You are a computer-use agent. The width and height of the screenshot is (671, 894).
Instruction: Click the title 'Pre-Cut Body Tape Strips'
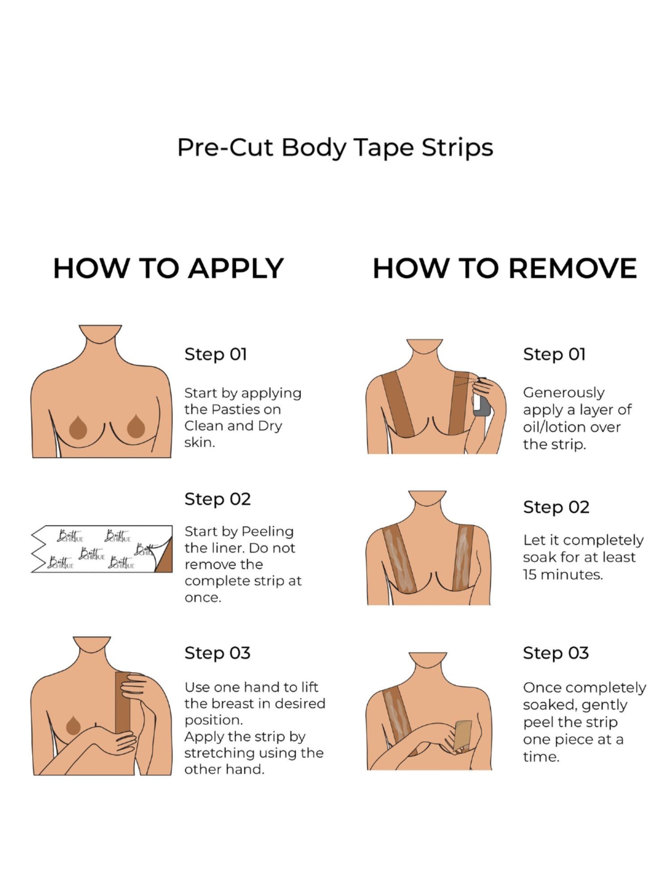click(x=335, y=148)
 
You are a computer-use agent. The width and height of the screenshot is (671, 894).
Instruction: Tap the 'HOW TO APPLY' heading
click(x=169, y=268)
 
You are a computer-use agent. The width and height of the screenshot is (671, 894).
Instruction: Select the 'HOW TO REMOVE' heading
click(x=505, y=268)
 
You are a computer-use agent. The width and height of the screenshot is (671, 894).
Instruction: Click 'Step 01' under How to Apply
click(x=216, y=354)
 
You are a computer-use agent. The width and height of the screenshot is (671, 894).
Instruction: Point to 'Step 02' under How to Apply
click(x=217, y=499)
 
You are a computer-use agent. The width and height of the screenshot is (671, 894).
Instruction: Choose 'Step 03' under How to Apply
click(x=217, y=653)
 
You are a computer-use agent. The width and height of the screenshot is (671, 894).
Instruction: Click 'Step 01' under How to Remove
click(x=554, y=354)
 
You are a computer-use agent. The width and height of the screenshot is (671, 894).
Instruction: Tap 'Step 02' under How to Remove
click(x=556, y=507)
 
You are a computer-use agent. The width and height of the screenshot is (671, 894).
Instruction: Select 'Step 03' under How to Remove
click(x=556, y=653)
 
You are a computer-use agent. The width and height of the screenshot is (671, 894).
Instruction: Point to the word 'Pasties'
click(x=240, y=409)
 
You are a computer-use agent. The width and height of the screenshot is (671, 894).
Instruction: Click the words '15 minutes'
click(x=563, y=574)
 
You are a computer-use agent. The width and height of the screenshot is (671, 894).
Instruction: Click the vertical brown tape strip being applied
click(x=122, y=703)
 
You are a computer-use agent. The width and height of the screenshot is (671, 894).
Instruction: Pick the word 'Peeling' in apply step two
click(x=268, y=532)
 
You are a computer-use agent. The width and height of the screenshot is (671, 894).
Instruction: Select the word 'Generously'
click(x=564, y=393)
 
